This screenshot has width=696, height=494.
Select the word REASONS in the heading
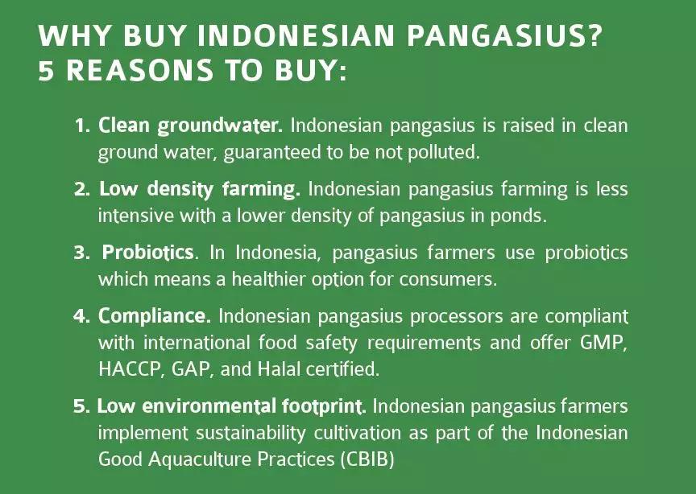(139, 70)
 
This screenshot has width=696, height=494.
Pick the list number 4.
(82, 316)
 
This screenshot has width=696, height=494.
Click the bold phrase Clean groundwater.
(190, 126)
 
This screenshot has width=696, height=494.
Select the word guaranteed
(272, 153)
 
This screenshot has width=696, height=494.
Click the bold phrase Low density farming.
(200, 190)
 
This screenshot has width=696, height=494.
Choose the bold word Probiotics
(148, 253)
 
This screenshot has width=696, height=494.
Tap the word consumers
(448, 280)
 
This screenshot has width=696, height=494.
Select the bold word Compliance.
(155, 317)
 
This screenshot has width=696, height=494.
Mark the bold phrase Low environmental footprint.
(231, 406)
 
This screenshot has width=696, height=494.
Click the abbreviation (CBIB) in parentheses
(367, 459)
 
